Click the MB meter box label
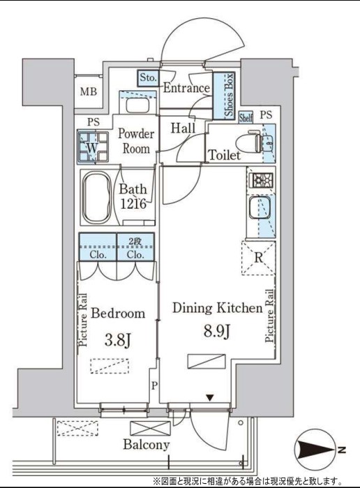(x=89, y=92)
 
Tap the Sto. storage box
(x=148, y=77)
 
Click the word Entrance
(x=187, y=88)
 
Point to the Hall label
(x=183, y=128)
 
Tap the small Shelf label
(x=246, y=118)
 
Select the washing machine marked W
(x=93, y=147)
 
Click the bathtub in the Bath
(x=97, y=198)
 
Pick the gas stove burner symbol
(x=261, y=179)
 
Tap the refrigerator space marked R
(x=258, y=258)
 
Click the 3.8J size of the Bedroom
(x=118, y=340)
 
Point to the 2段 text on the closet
(x=135, y=242)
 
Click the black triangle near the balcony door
(x=210, y=398)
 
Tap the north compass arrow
(x=315, y=449)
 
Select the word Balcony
(x=147, y=445)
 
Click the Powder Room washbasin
(x=137, y=105)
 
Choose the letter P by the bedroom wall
(x=154, y=386)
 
